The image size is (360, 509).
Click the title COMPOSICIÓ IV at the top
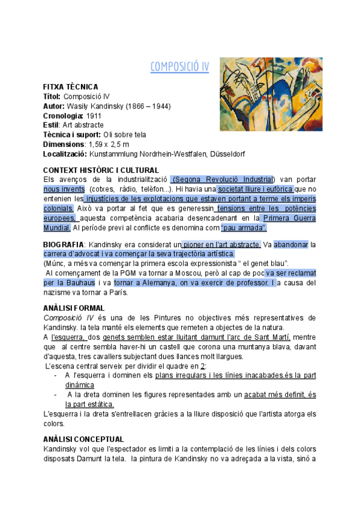(179, 66)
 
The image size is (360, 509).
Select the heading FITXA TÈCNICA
(71, 87)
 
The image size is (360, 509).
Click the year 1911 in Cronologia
(94, 115)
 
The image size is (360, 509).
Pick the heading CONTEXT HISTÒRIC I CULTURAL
(101, 170)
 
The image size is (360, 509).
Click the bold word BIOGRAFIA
(63, 244)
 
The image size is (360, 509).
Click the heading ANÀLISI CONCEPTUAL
(84, 439)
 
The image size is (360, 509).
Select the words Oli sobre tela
(125, 134)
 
